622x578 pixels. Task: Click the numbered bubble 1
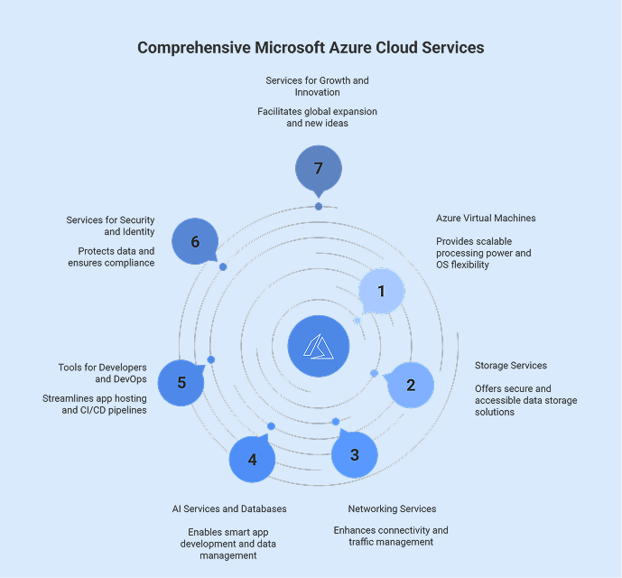[381, 291]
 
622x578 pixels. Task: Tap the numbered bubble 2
[411, 385]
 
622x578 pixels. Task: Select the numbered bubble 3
[354, 454]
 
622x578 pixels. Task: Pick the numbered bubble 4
[252, 459]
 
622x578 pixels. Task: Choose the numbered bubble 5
[181, 382]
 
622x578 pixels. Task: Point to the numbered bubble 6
[195, 241]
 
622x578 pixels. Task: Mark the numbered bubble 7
[318, 169]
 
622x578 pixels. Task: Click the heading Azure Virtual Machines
[486, 219]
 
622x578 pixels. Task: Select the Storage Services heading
[510, 366]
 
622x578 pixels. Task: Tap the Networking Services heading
[392, 508]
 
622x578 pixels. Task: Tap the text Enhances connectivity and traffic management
[390, 536]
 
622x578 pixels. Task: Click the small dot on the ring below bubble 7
[319, 207]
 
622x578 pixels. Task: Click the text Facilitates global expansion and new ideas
[318, 117]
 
